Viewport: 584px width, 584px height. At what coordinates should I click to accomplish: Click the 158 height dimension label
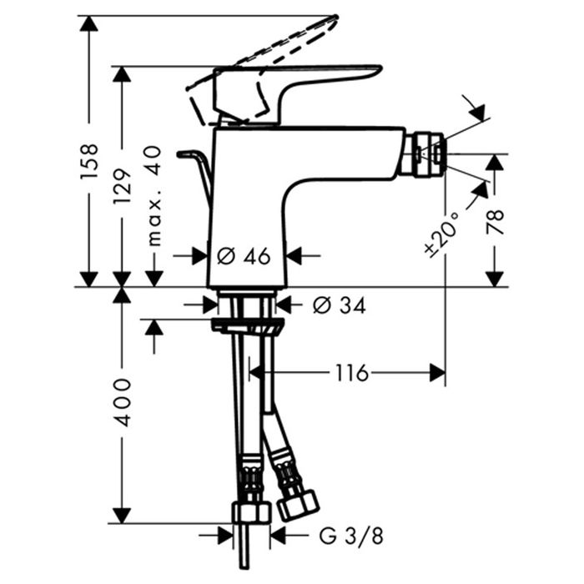(x=90, y=164)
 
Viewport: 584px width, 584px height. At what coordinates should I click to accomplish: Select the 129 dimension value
(x=123, y=189)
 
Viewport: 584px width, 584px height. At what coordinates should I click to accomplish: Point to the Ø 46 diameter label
(x=244, y=257)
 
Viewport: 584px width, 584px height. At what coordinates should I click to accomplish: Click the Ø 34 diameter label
(x=339, y=306)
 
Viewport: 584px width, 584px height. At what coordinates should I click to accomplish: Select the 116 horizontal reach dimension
(x=351, y=373)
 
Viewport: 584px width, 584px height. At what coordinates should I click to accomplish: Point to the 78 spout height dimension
(x=496, y=226)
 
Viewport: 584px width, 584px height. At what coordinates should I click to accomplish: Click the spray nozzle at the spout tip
(x=430, y=153)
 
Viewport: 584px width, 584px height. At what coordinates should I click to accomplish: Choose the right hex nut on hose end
(x=299, y=504)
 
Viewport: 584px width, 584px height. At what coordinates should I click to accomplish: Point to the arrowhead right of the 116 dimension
(x=436, y=373)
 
